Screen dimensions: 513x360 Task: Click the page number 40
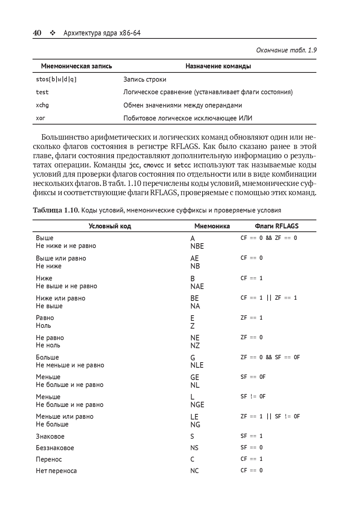(x=37, y=33)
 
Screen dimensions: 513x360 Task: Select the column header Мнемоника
(x=212, y=226)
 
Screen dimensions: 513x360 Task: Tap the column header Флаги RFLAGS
(x=276, y=226)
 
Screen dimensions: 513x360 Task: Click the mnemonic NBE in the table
(x=197, y=246)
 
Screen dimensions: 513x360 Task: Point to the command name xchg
(x=42, y=105)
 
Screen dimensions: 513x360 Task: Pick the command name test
(x=42, y=92)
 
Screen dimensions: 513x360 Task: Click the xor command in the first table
(x=40, y=118)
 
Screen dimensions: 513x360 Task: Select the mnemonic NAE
(x=197, y=286)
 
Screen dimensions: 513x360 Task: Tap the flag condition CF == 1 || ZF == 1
(x=269, y=298)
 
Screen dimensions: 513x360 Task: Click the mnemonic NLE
(x=197, y=365)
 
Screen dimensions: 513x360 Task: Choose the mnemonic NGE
(x=197, y=405)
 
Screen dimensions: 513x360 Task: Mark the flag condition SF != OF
(x=253, y=397)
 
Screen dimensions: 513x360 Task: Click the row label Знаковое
(x=50, y=436)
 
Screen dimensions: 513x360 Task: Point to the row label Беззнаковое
(x=55, y=448)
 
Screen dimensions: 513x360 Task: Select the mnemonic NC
(x=194, y=471)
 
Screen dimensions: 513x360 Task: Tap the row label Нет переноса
(x=56, y=471)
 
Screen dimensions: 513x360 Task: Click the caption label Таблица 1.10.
(x=56, y=210)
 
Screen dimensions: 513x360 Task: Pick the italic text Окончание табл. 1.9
(x=286, y=50)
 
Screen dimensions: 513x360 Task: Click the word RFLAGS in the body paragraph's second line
(x=185, y=146)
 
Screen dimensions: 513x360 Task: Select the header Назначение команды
(x=218, y=67)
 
